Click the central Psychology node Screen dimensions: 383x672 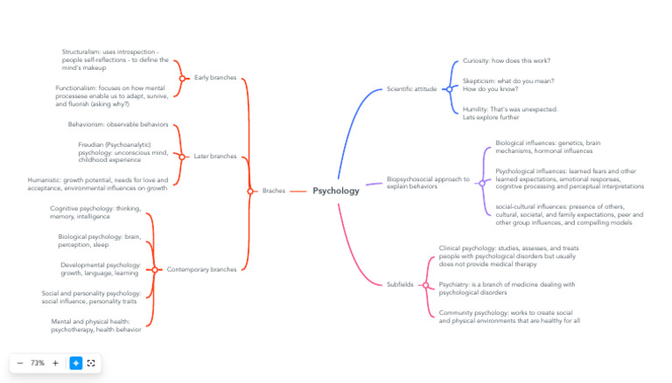click(336, 191)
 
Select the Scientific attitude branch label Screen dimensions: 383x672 click(411, 89)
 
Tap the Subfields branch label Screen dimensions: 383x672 click(400, 284)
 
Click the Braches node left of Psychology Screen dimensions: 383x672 click(273, 191)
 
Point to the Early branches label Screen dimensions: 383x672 click(215, 78)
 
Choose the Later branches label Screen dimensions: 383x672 click(215, 157)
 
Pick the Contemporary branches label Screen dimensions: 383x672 click(201, 269)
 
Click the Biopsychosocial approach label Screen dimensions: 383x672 click(428, 183)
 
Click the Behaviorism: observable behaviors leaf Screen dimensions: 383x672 click(118, 124)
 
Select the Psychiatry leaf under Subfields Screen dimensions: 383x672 click(507, 289)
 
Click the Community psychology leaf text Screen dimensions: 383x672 click(509, 317)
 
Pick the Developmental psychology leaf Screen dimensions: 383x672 click(100, 268)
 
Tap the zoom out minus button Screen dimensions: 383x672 click(20, 363)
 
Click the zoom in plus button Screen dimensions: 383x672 click(55, 363)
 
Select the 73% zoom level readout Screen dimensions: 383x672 click(38, 363)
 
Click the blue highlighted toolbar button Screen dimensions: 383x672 click(76, 363)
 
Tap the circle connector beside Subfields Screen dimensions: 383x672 click(425, 284)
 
